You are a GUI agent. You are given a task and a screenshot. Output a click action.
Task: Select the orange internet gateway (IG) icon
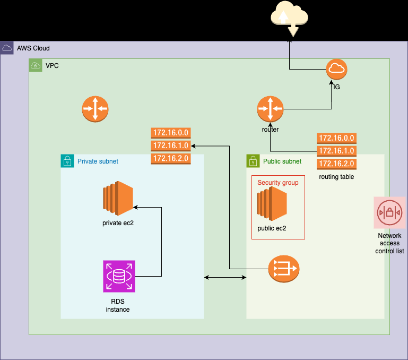click(336, 68)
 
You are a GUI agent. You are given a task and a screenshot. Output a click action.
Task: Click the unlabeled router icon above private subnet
click(95, 109)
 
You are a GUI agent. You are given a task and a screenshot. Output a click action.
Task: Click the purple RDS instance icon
click(119, 276)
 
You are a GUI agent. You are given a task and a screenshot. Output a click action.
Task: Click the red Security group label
click(277, 183)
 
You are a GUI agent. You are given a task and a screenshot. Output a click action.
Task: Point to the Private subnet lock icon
click(67, 161)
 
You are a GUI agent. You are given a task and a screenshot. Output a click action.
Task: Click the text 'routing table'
click(336, 176)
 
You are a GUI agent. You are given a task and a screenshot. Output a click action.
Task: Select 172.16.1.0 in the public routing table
click(336, 151)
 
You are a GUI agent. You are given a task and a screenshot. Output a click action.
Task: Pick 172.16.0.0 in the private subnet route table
click(171, 133)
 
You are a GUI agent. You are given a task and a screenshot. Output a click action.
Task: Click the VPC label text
click(53, 66)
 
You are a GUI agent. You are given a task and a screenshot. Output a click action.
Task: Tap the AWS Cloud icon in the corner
click(7, 48)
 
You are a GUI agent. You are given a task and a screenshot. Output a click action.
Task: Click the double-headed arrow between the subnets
click(226, 277)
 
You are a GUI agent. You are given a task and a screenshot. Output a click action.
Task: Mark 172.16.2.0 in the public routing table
click(336, 164)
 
